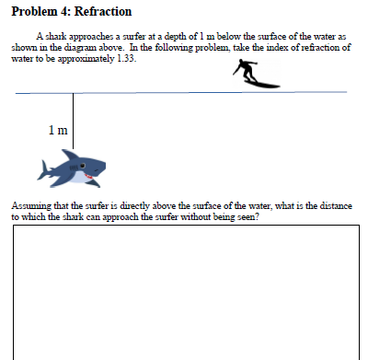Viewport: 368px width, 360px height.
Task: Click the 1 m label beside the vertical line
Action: point(57,129)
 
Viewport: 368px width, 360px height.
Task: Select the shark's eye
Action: point(85,168)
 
